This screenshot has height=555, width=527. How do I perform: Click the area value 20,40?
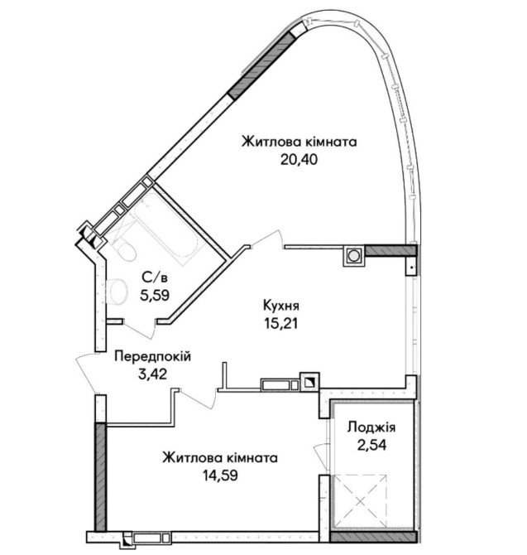(299, 160)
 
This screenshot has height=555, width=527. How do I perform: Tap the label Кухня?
(281, 306)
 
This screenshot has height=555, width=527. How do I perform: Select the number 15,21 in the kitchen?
(281, 323)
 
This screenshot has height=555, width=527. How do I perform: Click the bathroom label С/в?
(155, 277)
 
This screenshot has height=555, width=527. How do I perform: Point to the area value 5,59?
(155, 295)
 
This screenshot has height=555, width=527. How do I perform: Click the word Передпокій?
(153, 356)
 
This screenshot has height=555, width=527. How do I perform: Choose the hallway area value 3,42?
(153, 374)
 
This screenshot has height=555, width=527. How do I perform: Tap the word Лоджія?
(371, 428)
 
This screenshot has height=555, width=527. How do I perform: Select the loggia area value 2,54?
(371, 445)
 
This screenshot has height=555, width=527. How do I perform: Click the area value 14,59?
(220, 475)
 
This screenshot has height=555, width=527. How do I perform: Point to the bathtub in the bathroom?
(165, 226)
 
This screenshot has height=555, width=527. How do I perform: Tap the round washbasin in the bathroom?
(117, 292)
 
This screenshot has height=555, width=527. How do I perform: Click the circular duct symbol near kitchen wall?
(353, 255)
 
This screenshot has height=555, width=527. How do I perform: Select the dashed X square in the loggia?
(360, 500)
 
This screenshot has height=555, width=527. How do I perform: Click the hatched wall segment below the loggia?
(373, 537)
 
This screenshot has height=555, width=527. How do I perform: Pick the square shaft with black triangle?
(309, 382)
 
